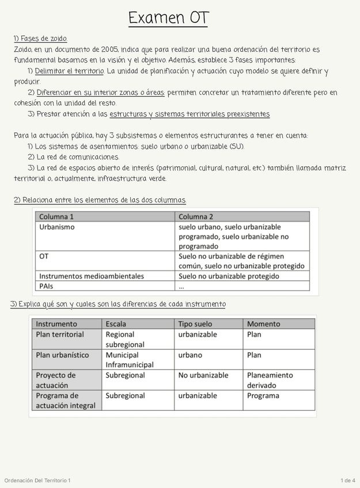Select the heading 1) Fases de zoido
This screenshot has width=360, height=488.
[x=40, y=39]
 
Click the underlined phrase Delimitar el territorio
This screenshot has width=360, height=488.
[x=69, y=71]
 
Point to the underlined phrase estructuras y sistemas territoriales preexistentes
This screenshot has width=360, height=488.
[x=190, y=114]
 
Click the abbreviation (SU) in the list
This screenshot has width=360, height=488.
[x=236, y=146]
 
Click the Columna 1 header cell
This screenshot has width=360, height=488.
[x=56, y=217]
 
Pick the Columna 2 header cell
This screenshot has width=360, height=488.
[x=196, y=217]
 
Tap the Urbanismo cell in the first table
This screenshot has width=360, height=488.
[x=57, y=227]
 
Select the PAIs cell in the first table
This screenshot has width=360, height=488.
[x=46, y=286]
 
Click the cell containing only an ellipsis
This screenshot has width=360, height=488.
[x=181, y=286]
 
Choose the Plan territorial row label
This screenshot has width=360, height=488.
[x=60, y=334]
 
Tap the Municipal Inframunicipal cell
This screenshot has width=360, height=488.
[x=130, y=360]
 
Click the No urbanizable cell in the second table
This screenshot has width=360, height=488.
[x=203, y=375]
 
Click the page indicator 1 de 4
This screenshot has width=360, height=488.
[x=347, y=481]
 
